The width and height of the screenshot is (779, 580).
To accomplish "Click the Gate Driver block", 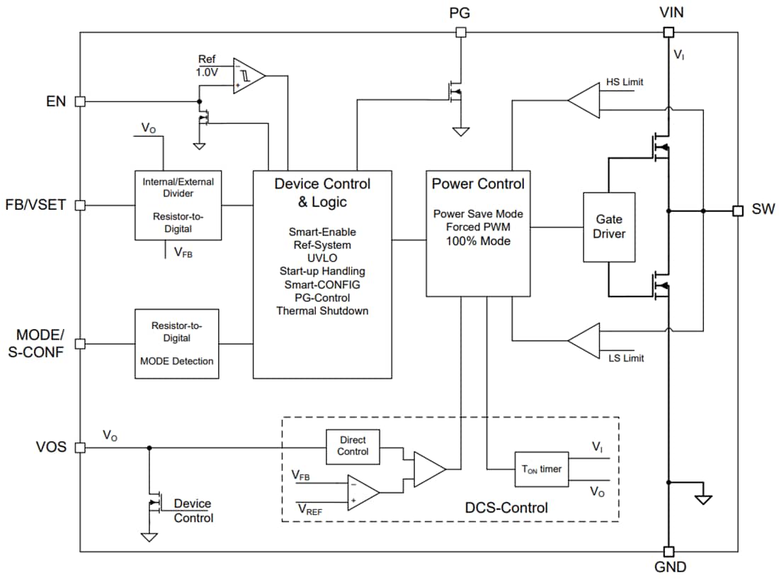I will pos(609,227).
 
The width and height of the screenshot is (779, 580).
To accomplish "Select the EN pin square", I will pos(80,101).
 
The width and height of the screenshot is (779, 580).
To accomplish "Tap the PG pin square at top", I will pos(461,32).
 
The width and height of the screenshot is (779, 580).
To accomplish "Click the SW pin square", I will pos(737,211).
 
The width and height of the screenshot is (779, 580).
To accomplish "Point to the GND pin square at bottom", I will pos(667,552).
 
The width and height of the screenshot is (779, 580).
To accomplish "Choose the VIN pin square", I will pos(667,32).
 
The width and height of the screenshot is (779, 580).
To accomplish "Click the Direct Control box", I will pos(353,446).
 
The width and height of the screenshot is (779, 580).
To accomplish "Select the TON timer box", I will pos(542,469).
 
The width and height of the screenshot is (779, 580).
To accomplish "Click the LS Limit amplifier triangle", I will pos(584,341).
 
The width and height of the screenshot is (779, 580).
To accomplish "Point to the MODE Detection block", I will pos(176,343).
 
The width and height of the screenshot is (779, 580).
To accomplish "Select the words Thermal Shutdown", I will pos(322,311).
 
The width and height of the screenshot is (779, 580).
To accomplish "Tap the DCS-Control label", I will pos(506,508).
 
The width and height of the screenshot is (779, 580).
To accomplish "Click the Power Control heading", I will pos(478,184).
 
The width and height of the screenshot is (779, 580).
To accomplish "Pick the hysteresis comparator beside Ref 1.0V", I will pos(248,75).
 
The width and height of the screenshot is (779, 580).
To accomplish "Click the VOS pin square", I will pos(80,447).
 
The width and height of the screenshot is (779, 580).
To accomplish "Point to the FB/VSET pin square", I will pos(80,206).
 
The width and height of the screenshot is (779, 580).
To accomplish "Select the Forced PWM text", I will pos(478,227).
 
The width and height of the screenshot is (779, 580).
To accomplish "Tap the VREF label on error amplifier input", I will pos(312,508).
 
